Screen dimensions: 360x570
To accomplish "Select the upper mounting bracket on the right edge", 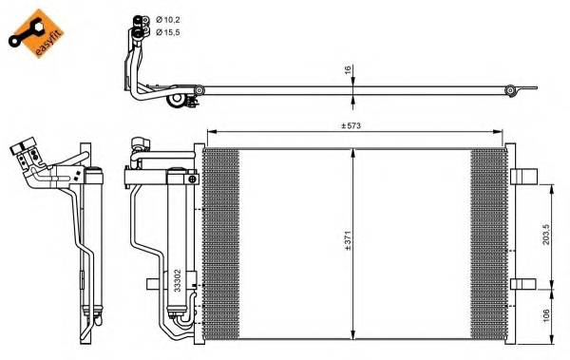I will pyautogui.click(x=523, y=176).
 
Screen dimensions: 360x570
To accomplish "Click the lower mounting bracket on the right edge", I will pyautogui.click(x=523, y=283).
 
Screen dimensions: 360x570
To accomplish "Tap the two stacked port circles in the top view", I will pyautogui.click(x=141, y=26).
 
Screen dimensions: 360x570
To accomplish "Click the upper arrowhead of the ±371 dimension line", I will pyautogui.click(x=353, y=151).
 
